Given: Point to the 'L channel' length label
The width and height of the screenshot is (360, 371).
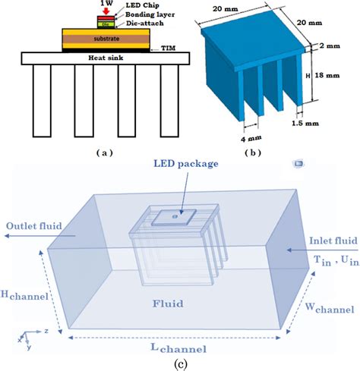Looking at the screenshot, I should pos(179,348).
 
